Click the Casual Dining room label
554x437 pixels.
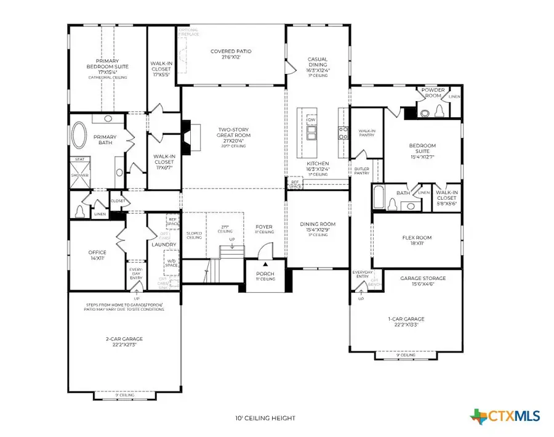[318, 62]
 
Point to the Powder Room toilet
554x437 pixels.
[440, 110]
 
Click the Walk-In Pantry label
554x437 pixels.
[367, 133]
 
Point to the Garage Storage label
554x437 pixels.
[423, 279]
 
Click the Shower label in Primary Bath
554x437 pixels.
[79, 175]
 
